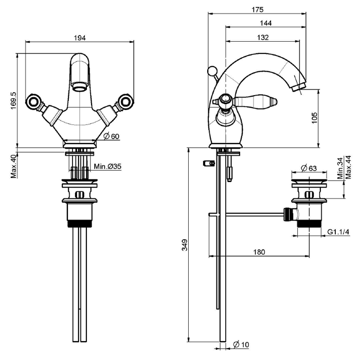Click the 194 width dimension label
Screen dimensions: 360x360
pos(80,38)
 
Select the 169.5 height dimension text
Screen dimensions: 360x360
pos(13,101)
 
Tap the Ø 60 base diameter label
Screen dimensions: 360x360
pos(112,136)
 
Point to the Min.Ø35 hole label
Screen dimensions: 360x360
pos(107,166)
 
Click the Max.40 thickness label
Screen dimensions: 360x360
pos(13,167)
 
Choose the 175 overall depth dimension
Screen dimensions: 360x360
pos(258,10)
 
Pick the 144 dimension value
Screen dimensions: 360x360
pos(266,23)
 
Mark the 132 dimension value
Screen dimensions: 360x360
pos(263,37)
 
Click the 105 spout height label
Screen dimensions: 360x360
pos(314,118)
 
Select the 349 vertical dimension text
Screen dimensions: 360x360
pos(185,245)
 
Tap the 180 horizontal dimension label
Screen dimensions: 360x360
pos(259,252)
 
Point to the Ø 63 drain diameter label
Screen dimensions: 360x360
pos(309,168)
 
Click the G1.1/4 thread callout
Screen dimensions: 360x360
pos(338,232)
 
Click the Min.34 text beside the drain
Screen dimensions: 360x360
pos(340,168)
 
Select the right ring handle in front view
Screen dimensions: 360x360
pos(125,101)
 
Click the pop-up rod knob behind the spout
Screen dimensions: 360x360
pos(212,71)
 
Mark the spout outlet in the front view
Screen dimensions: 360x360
pos(79,87)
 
